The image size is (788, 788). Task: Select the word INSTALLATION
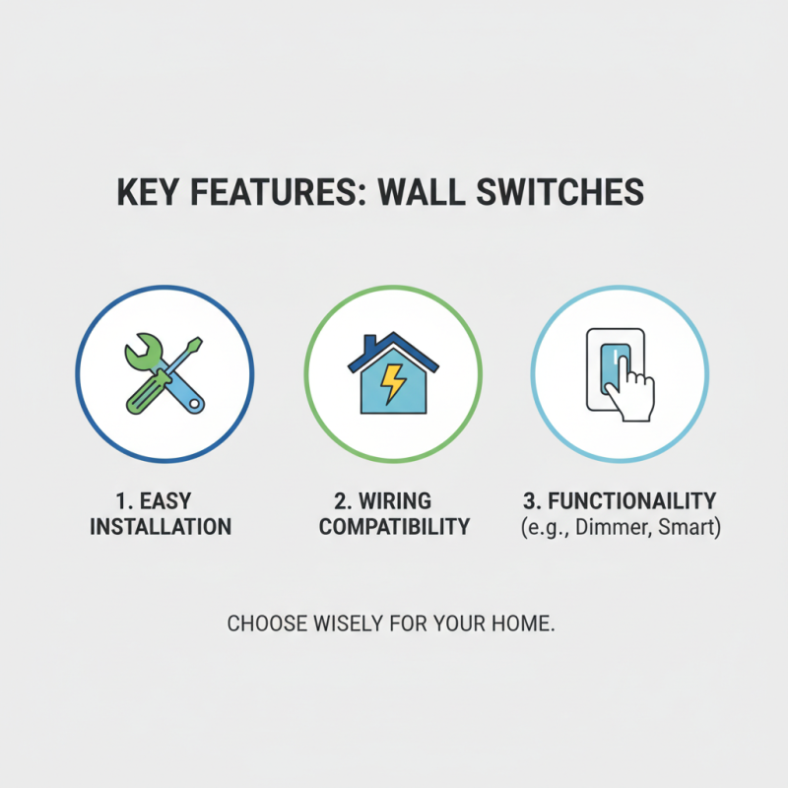tap(161, 527)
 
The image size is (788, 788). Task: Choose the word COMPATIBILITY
tap(394, 527)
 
